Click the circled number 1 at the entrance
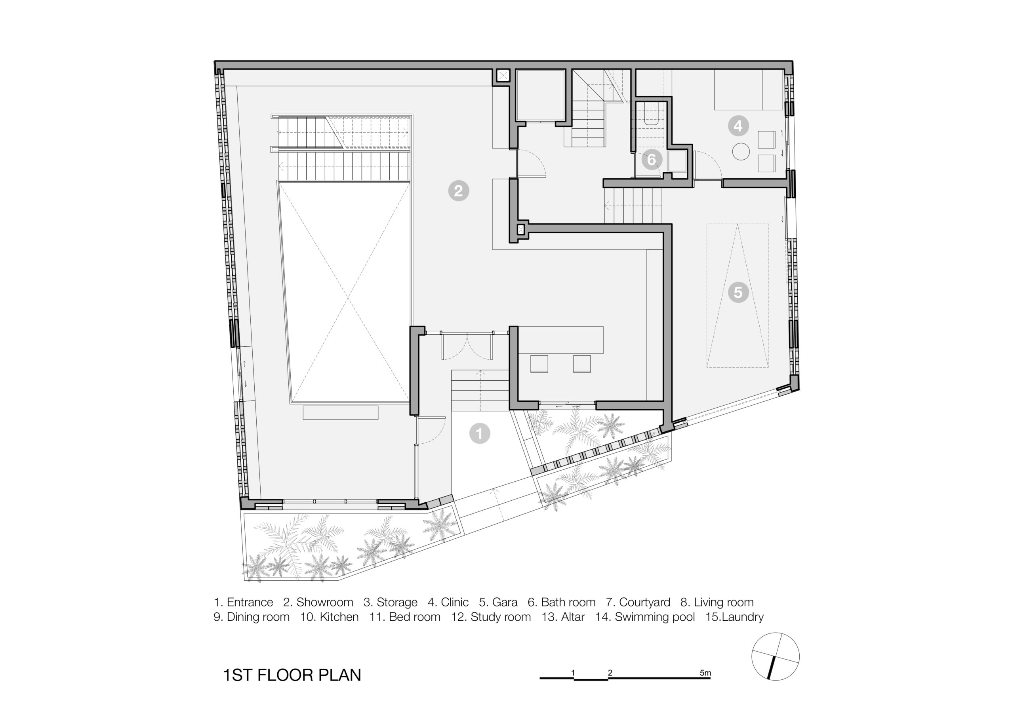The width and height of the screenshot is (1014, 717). pyautogui.click(x=480, y=433)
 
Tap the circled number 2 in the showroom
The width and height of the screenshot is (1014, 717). pyautogui.click(x=458, y=191)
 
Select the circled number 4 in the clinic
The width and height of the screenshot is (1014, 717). pyautogui.click(x=738, y=126)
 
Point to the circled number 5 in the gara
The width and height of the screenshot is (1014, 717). pyautogui.click(x=738, y=292)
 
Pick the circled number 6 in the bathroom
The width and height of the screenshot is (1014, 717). pyautogui.click(x=652, y=160)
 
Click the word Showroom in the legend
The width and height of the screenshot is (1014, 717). pyautogui.click(x=325, y=602)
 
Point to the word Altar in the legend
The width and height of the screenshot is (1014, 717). pyautogui.click(x=573, y=617)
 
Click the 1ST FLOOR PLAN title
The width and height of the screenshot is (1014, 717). pyautogui.click(x=292, y=675)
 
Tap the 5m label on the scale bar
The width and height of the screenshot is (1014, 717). pyautogui.click(x=705, y=673)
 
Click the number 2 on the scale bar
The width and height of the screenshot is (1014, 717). pyautogui.click(x=610, y=673)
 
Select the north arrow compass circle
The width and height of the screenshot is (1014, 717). pyautogui.click(x=775, y=656)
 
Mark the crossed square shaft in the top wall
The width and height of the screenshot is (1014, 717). pyautogui.click(x=503, y=76)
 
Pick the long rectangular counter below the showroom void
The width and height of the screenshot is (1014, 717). pyautogui.click(x=341, y=412)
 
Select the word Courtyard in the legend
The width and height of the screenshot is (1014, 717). pyautogui.click(x=644, y=602)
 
